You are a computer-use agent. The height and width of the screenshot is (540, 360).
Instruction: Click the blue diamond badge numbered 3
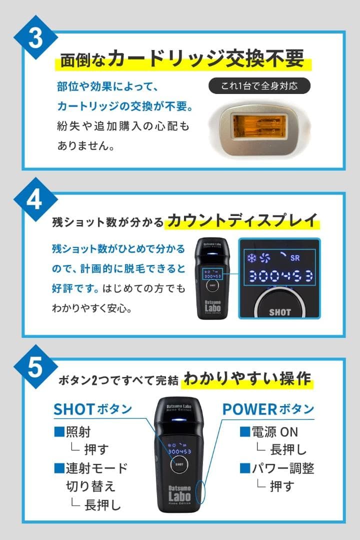[x=34, y=40]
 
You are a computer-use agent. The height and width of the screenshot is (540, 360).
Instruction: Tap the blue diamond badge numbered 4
[x=34, y=200]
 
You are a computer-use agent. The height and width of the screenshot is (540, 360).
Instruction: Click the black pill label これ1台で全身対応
[x=259, y=85]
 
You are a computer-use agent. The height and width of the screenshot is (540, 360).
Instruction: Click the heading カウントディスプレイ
[x=242, y=219]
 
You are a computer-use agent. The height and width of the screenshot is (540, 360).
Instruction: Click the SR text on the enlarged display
[x=295, y=259]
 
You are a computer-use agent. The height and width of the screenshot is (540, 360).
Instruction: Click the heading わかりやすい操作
[x=247, y=378]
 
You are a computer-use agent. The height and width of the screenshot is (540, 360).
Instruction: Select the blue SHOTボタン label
[x=92, y=409]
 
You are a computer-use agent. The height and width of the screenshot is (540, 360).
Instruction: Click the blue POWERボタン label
[x=268, y=409]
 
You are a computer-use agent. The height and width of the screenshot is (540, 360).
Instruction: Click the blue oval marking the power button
[x=202, y=492]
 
